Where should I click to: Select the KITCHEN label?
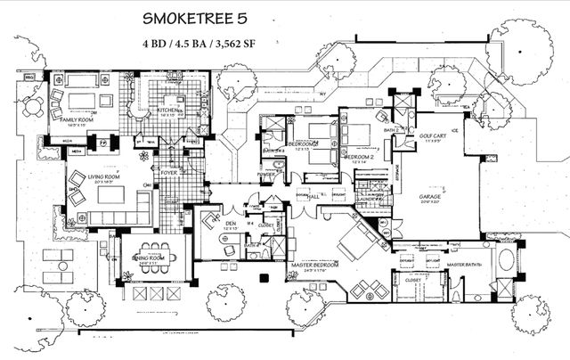(169, 110)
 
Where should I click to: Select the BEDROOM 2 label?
(360, 157)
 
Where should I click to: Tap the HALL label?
(313, 197)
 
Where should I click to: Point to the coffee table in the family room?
(83, 99)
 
